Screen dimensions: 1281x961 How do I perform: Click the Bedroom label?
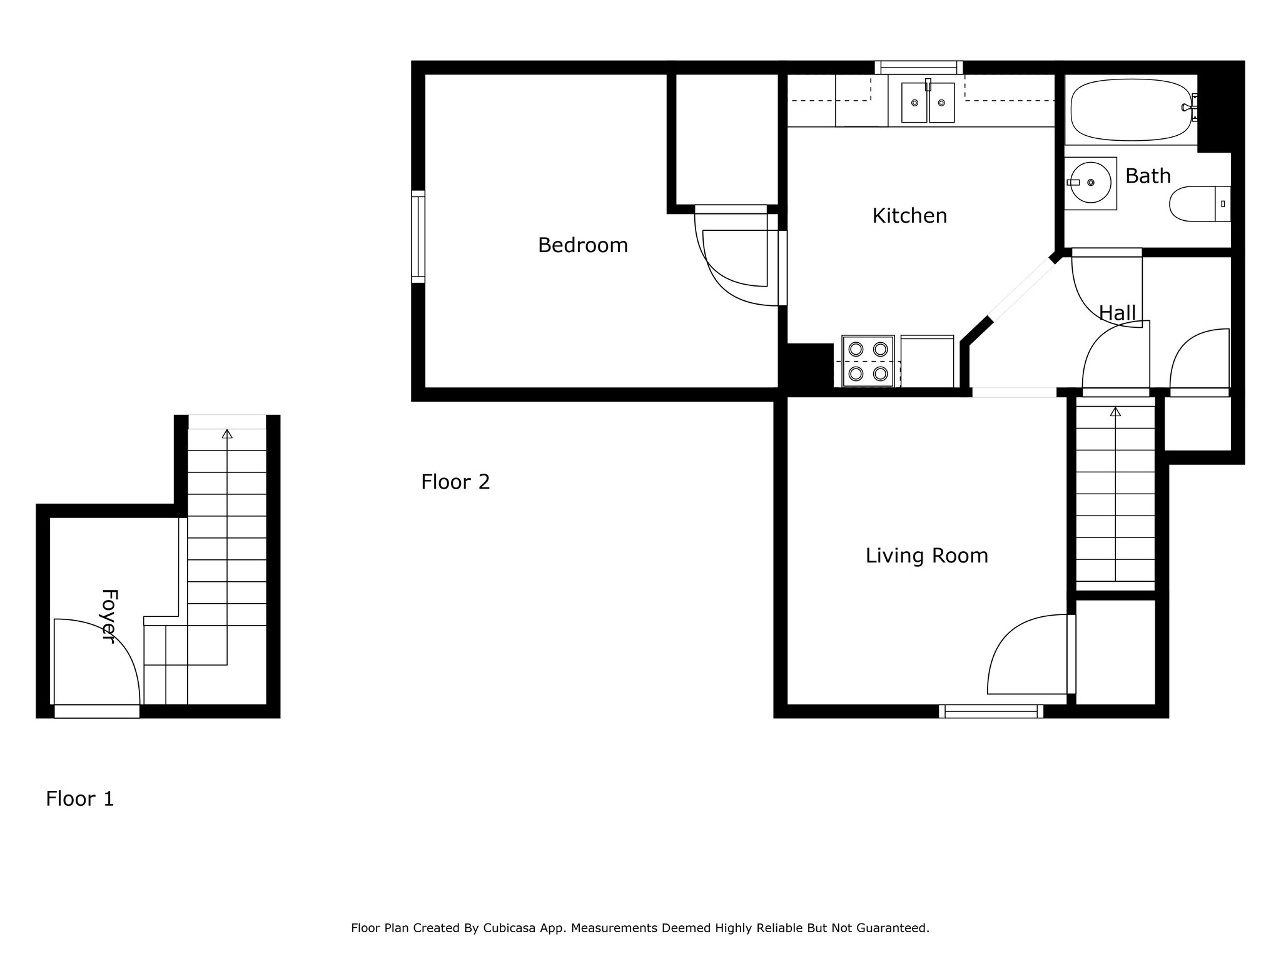(582, 245)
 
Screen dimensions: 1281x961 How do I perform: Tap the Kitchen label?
(909, 216)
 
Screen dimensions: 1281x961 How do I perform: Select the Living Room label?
(926, 556)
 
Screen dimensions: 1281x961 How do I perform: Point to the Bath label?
(1148, 176)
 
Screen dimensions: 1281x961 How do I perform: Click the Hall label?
(1117, 313)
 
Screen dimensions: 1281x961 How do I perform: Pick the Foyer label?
(109, 616)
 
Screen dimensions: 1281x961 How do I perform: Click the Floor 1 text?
(80, 799)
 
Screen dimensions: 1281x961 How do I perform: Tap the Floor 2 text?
(455, 482)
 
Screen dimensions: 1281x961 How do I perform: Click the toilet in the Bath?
(1200, 203)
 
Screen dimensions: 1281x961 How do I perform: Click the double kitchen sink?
(928, 103)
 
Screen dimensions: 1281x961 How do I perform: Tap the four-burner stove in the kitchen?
(868, 361)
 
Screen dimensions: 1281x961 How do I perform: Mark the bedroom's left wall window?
(418, 236)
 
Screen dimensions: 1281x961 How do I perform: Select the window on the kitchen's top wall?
(918, 68)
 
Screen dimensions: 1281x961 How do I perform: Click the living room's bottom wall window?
(991, 711)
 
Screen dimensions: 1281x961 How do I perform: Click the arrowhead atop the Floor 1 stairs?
(227, 434)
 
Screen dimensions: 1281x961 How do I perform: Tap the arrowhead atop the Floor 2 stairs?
(1115, 411)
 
